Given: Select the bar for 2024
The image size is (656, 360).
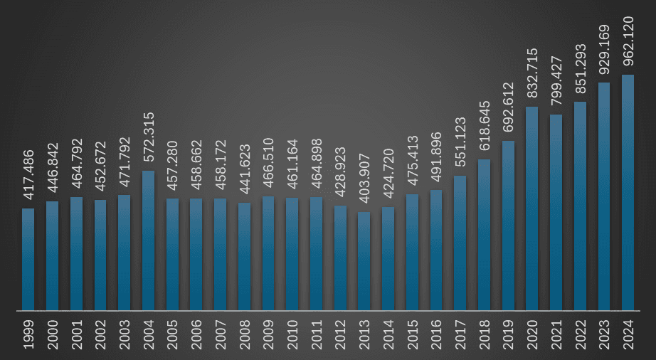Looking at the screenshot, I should point(628,193).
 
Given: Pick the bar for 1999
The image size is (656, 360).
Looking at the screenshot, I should point(28,260).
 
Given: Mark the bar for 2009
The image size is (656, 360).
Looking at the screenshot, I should point(268,253).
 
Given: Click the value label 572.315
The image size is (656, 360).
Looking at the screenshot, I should point(149,139).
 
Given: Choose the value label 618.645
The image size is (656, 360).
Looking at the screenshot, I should point(484,127).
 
